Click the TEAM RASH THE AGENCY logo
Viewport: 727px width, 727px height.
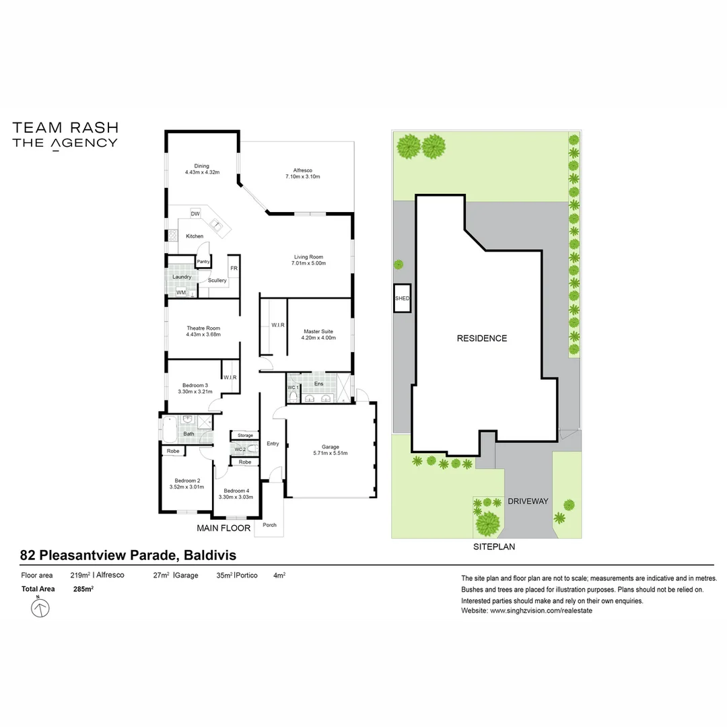coord(65,135)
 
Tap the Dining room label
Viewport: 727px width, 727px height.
coord(202,166)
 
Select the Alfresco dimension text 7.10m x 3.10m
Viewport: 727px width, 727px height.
coord(302,177)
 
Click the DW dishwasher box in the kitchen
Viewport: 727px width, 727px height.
coord(195,214)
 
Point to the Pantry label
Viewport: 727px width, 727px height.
coord(203,261)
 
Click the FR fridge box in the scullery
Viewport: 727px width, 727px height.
coord(234,268)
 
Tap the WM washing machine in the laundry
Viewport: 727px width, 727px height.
coord(180,292)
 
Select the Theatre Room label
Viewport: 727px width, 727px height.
coord(203,328)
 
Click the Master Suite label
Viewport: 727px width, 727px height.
coord(318,331)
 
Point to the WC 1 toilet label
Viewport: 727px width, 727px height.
coord(293,388)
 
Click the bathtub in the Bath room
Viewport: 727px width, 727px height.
coord(169,429)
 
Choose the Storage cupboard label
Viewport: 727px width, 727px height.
coord(245,436)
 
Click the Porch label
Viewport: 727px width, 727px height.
coord(269,525)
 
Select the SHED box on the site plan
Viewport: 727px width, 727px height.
coord(402,298)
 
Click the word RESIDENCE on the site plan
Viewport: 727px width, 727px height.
coord(482,339)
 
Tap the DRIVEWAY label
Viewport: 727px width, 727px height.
coord(528,501)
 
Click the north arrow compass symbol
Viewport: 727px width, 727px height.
coord(41,609)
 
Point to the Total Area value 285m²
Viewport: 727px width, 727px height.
coord(83,589)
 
